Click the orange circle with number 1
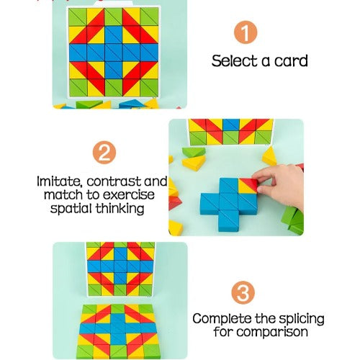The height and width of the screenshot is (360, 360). [x=246, y=32]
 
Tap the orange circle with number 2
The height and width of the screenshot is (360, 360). [x=104, y=153]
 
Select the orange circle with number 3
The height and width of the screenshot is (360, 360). [x=243, y=292]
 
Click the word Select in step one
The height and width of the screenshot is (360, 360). [x=233, y=60]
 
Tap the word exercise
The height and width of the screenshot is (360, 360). [x=129, y=194]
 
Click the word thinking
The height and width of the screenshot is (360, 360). [x=120, y=208]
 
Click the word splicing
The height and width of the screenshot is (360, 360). [x=302, y=319]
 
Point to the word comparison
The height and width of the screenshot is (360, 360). [x=272, y=333]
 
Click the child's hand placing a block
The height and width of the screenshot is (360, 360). [x=279, y=185]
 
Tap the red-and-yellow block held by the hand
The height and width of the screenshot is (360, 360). [x=248, y=186]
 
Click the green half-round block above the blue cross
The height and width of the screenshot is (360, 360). [x=194, y=152]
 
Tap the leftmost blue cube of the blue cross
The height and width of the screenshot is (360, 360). [x=210, y=204]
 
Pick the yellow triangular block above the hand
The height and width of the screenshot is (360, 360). [x=270, y=156]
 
